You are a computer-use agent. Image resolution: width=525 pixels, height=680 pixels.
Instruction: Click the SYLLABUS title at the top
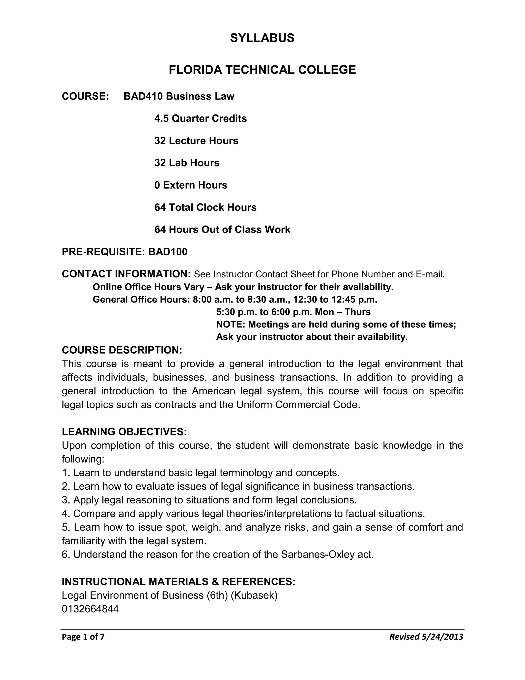tap(262, 38)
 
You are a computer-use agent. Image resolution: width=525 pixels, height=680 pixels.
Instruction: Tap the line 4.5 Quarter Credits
tap(200, 119)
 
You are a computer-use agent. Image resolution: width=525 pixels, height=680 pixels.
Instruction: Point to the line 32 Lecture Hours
tap(196, 141)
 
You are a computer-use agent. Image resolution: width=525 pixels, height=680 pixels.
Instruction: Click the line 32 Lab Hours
tap(187, 163)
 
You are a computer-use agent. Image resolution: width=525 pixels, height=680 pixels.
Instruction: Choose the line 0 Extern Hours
tap(191, 185)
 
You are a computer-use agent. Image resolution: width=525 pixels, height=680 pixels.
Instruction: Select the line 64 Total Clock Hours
tap(205, 207)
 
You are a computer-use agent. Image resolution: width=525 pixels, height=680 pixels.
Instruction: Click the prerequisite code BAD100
tap(168, 251)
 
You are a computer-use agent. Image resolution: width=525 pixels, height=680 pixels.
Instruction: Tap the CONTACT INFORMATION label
tap(126, 274)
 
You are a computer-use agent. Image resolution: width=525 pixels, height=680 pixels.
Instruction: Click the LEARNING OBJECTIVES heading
tap(124, 432)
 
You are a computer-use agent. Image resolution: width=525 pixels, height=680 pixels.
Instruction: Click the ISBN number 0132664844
tap(90, 609)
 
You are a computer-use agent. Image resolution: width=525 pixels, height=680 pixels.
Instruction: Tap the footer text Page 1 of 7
tap(83, 637)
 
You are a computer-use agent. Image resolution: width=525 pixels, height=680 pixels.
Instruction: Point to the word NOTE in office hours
tap(231, 324)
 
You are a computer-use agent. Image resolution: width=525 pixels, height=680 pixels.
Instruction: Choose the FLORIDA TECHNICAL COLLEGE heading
tap(262, 70)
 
